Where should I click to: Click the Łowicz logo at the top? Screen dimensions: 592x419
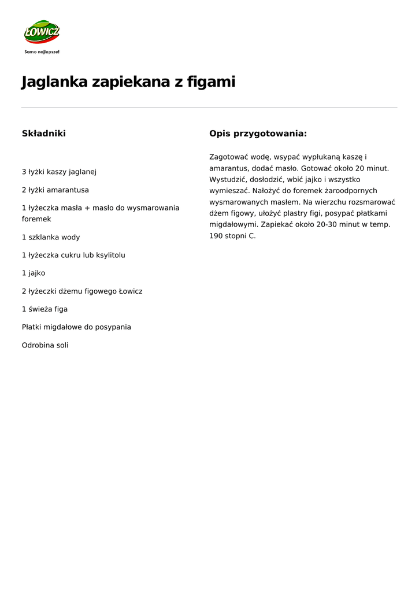[42, 32]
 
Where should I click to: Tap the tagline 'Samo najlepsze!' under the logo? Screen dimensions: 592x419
[42, 52]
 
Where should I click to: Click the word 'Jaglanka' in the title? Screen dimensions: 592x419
[54, 82]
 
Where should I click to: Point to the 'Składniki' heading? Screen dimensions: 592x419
[44, 134]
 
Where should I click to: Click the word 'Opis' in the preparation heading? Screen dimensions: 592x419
[220, 134]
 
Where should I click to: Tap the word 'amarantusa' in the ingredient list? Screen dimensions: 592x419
[68, 190]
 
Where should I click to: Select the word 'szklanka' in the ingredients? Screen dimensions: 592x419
[42, 237]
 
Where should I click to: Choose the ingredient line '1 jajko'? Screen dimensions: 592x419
[34, 273]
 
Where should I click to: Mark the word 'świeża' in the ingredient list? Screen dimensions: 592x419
[40, 309]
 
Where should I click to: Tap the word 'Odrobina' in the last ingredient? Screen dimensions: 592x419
[38, 345]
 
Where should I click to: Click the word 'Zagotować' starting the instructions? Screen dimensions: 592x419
[228, 157]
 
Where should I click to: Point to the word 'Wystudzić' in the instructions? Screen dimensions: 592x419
[227, 179]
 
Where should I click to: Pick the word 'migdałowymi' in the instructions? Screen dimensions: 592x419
[232, 224]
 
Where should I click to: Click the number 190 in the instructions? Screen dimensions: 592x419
[216, 236]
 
